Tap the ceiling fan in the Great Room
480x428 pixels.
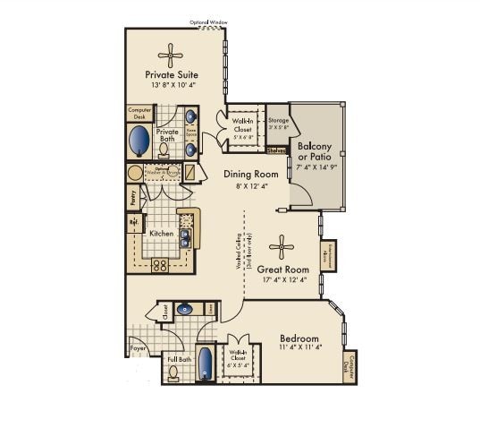(x=282, y=247)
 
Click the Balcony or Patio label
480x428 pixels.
(x=316, y=151)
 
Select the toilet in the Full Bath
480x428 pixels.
(x=174, y=373)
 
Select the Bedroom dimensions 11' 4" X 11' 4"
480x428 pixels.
(x=299, y=348)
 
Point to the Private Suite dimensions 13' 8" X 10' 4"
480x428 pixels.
(x=171, y=85)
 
